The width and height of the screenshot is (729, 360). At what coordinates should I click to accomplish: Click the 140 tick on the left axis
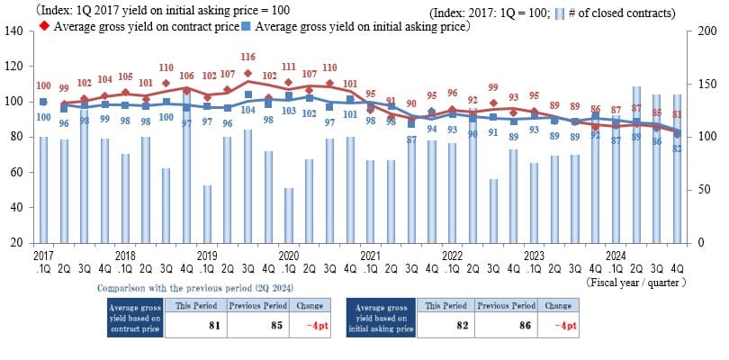click(16, 31)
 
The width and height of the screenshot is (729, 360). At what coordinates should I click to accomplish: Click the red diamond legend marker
click(44, 27)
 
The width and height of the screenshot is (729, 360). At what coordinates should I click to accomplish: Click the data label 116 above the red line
click(247, 58)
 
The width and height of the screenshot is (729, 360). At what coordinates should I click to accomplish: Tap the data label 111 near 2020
click(288, 66)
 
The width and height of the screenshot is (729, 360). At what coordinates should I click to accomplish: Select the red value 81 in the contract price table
click(214, 325)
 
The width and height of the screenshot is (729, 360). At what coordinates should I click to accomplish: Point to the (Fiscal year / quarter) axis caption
click(636, 282)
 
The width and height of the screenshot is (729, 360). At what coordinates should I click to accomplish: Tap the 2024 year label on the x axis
click(616, 256)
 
